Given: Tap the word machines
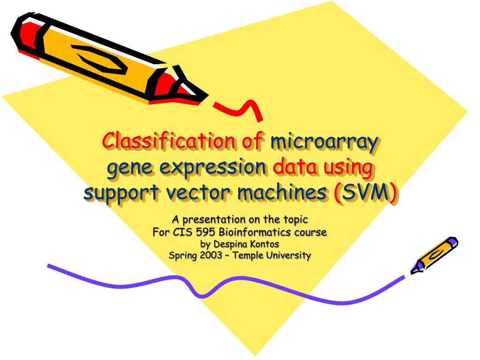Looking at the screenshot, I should [274, 193].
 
